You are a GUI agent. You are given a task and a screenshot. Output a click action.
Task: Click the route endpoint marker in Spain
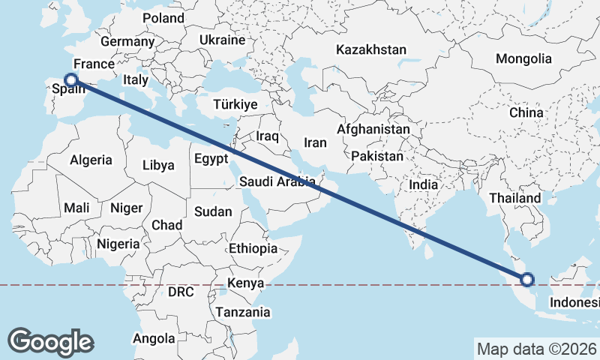71,79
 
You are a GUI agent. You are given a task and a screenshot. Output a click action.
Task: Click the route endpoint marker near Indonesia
527,280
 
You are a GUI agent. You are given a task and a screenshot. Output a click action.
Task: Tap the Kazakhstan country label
371,50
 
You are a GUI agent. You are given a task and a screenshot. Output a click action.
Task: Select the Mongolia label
523,58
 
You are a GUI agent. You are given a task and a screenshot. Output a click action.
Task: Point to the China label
526,112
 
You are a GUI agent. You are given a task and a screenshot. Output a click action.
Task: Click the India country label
423,184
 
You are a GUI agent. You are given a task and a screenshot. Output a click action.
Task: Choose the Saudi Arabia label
277,181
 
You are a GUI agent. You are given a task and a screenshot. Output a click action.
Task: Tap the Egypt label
210,159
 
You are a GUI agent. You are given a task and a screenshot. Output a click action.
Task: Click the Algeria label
91,160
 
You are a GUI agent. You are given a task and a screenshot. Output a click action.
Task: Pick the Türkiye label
235,104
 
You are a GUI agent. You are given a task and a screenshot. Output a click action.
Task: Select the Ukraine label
223,40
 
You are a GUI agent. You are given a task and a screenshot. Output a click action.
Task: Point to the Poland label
163,17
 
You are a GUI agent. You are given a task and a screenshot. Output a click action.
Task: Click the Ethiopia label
253,248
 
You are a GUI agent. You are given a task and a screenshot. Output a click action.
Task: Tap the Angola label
154,338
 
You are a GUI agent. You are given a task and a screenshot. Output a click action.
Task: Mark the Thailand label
515,198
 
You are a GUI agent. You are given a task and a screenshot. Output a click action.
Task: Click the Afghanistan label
373,129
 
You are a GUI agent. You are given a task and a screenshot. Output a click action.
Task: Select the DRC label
181,291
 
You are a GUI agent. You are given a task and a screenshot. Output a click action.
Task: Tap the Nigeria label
118,244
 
